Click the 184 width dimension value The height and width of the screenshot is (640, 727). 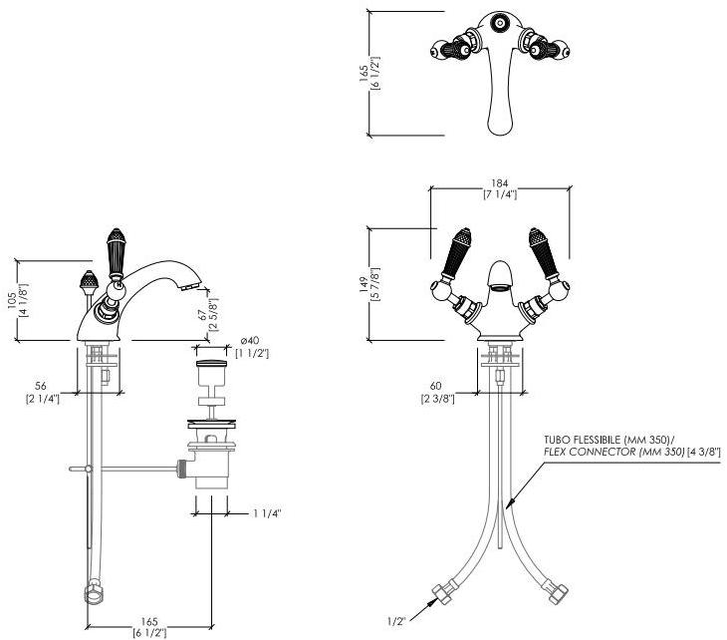click(500, 183)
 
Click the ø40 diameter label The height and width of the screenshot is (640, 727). click(248, 340)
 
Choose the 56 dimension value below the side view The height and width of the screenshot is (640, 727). click(41, 386)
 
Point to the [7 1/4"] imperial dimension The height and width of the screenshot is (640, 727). click(500, 195)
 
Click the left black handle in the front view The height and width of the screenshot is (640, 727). click(460, 254)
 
